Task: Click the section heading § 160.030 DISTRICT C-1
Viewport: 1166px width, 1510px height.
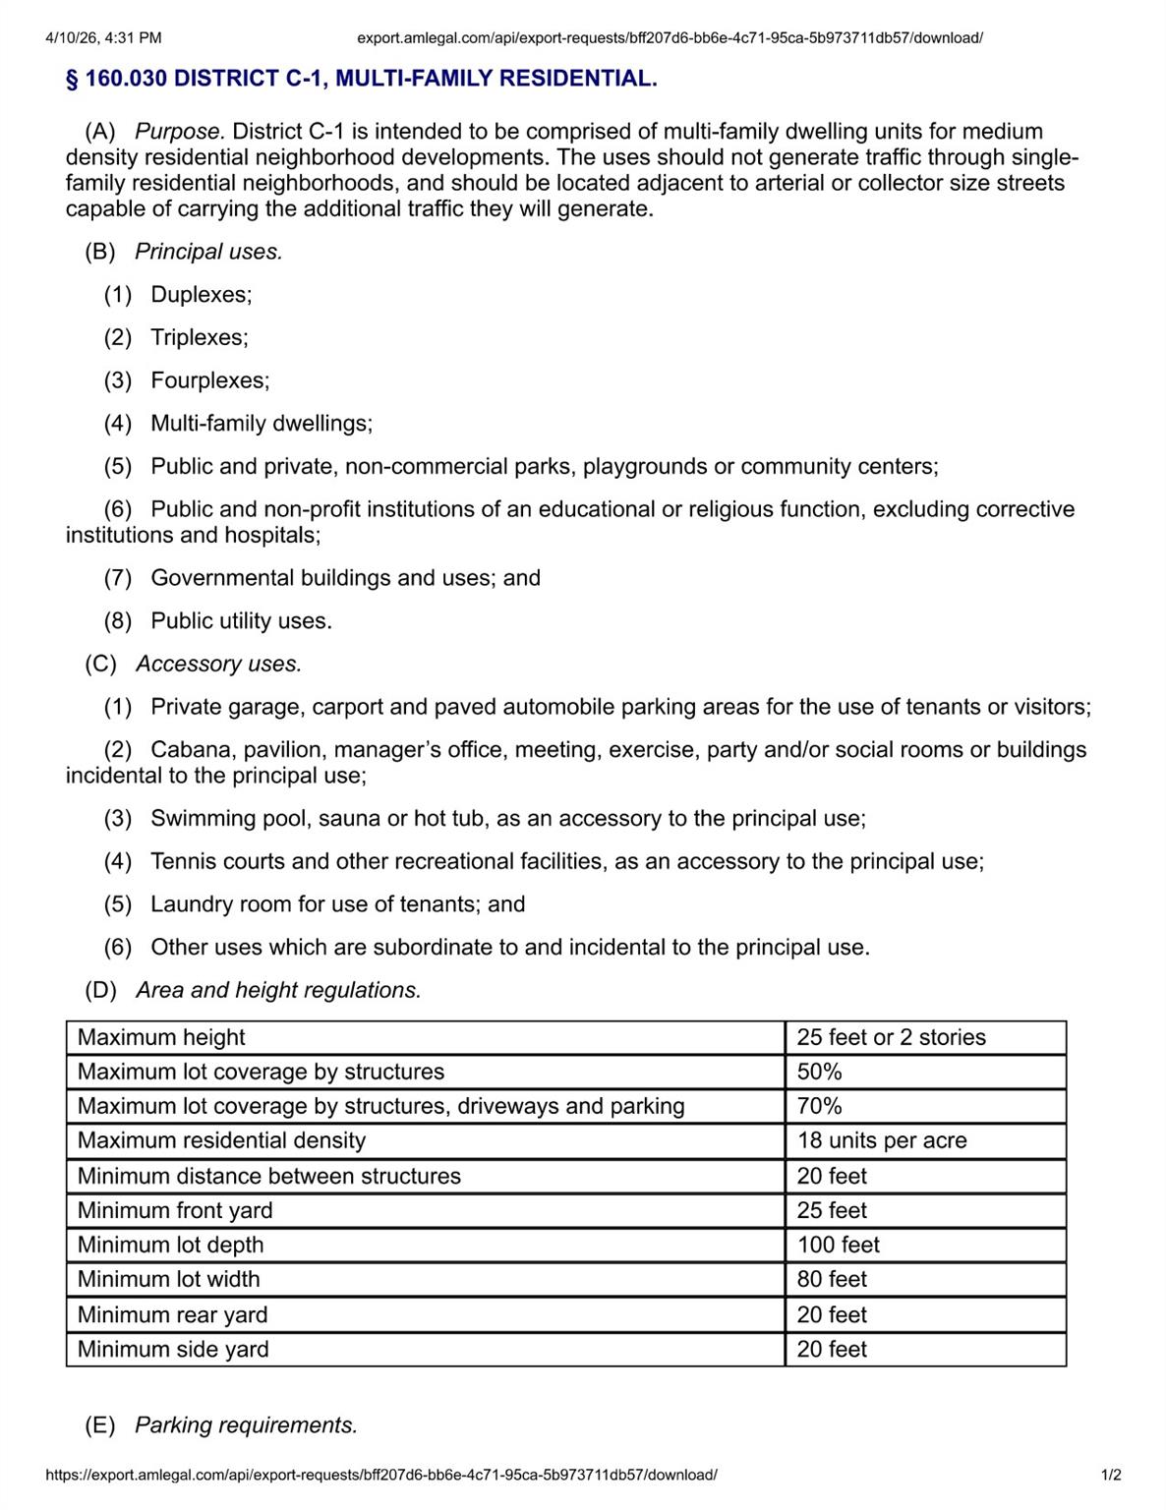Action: [361, 79]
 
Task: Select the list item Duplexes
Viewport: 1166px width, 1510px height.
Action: [201, 295]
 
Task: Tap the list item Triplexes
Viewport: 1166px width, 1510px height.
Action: [199, 338]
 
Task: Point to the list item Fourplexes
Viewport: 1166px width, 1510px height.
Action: [209, 380]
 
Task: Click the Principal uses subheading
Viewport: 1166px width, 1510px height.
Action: [207, 252]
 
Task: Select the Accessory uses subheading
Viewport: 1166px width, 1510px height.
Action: [218, 665]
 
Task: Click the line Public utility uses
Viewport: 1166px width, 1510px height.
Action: [241, 621]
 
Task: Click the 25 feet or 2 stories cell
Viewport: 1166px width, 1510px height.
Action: [891, 1038]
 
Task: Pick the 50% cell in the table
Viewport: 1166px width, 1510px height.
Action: [819, 1073]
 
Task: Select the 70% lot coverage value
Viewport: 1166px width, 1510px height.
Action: [819, 1107]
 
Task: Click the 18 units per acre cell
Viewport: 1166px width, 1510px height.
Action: [881, 1141]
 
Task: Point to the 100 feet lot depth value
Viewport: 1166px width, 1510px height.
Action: [838, 1246]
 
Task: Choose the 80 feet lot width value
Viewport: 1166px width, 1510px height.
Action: [832, 1280]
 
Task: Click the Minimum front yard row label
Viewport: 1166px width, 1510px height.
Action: [175, 1211]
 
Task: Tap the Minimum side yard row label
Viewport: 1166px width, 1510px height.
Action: [173, 1350]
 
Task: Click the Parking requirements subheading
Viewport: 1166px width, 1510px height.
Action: [246, 1425]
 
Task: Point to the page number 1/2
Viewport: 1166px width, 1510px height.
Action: [1111, 1476]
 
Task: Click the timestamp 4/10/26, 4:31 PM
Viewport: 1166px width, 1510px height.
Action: [103, 38]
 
